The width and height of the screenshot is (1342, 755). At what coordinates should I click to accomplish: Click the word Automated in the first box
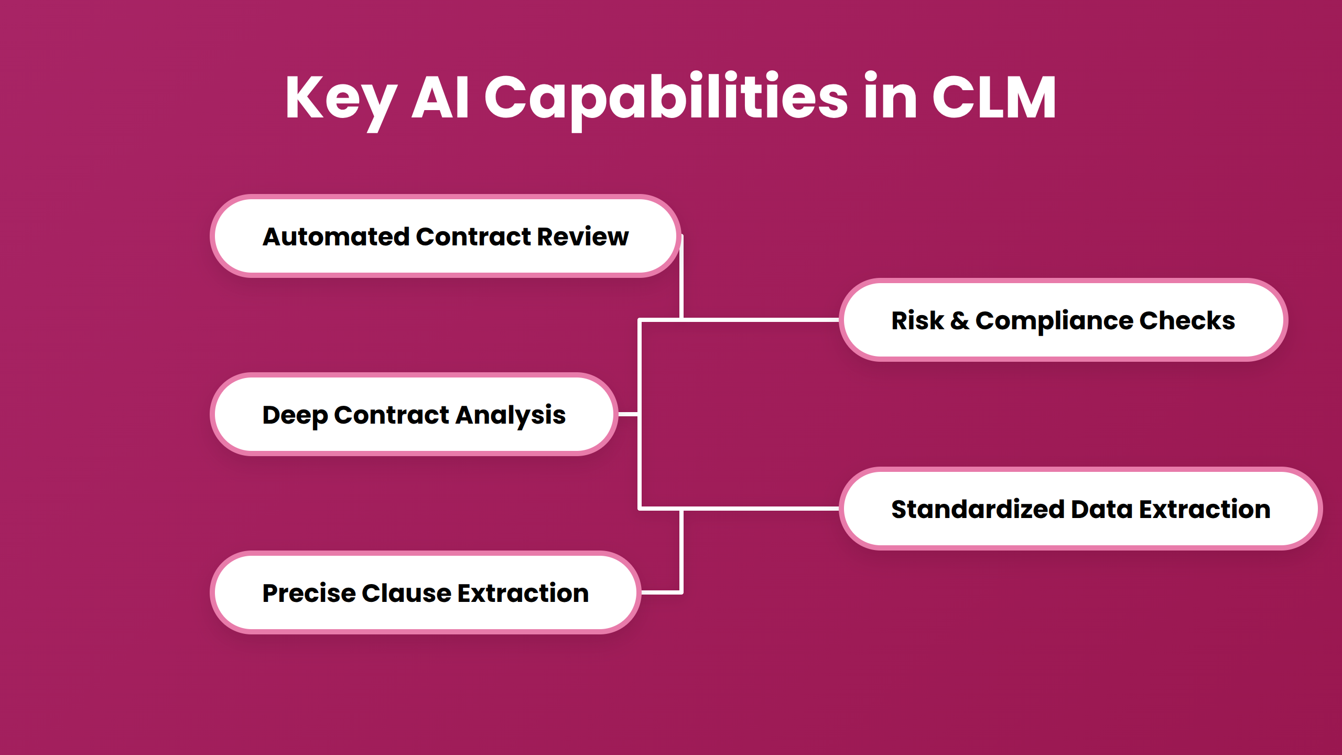(335, 236)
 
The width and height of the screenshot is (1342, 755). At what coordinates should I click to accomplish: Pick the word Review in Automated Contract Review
(582, 236)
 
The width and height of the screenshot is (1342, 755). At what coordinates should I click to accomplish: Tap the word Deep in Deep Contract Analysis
(295, 415)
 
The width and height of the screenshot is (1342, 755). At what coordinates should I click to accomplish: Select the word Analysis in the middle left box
(511, 415)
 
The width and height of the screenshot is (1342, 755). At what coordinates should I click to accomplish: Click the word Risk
(917, 320)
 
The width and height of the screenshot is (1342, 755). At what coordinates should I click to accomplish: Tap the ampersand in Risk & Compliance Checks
(959, 320)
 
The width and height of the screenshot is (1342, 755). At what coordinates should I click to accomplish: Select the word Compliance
(1054, 320)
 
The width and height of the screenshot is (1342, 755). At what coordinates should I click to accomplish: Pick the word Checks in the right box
(1187, 320)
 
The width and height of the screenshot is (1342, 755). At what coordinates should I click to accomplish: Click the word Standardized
(977, 509)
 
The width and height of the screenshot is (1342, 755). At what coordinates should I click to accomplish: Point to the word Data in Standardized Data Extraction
(1101, 509)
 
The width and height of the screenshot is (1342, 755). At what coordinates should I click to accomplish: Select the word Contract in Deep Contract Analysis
(392, 415)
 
